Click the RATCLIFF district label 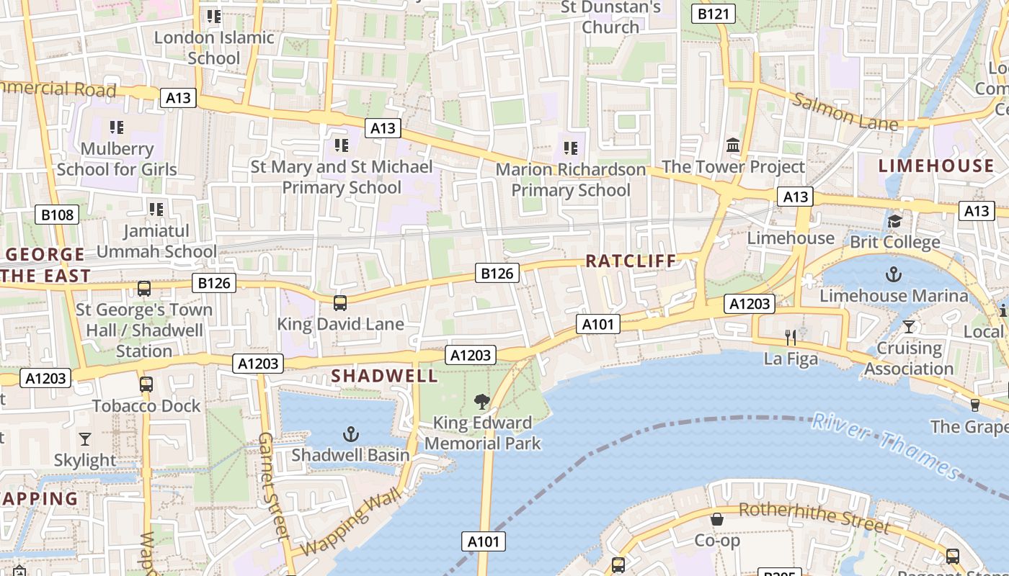click(631, 261)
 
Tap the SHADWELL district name click(384, 375)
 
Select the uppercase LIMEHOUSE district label click(935, 166)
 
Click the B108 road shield click(57, 215)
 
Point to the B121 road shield click(714, 14)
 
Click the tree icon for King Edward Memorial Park click(482, 402)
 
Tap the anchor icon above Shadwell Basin click(350, 434)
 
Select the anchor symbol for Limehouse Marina click(894, 274)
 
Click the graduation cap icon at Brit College click(894, 221)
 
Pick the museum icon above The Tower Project click(733, 145)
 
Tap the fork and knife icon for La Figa click(791, 337)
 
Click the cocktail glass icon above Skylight click(85, 438)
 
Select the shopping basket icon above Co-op click(717, 519)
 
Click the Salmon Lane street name click(845, 110)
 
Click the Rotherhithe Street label click(814, 516)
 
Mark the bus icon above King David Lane click(340, 303)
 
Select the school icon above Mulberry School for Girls click(117, 127)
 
